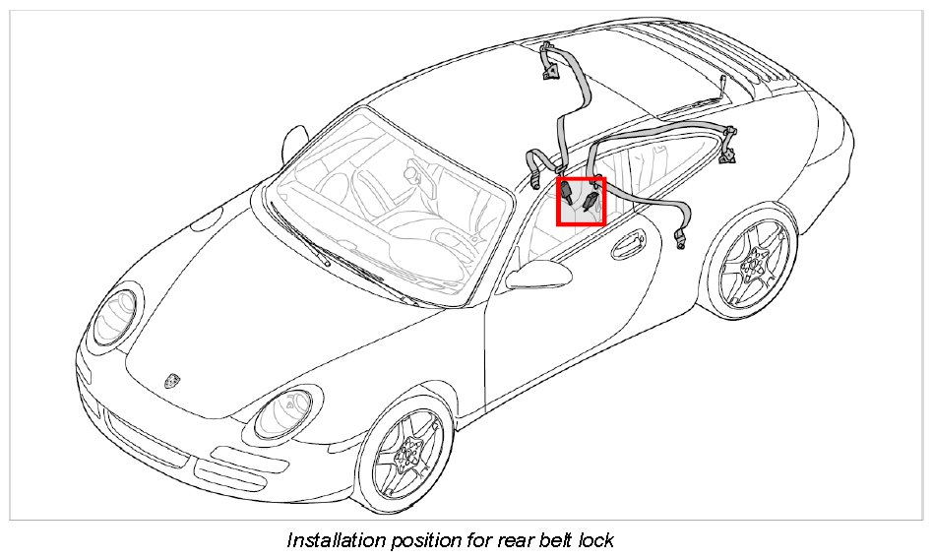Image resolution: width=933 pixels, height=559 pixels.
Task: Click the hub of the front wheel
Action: coord(405,458)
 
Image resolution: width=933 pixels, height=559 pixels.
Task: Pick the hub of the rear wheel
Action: coord(755,261)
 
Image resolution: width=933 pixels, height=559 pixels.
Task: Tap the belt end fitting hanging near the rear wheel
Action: coord(681,237)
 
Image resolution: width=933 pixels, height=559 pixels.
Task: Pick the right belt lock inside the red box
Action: coord(591,203)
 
